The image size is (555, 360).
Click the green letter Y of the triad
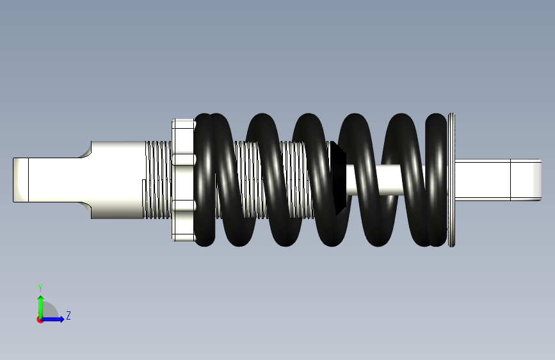40,288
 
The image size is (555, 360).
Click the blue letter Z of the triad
68,315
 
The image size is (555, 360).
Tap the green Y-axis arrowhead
41,299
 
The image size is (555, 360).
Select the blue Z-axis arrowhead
61,319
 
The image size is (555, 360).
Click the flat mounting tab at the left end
20,180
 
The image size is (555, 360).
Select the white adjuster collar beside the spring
183,180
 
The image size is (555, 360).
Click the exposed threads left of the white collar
158,180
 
